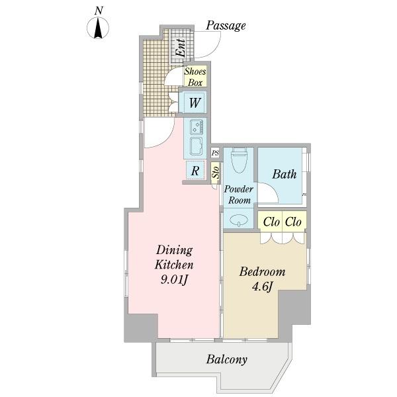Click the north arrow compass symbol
(x=98, y=28)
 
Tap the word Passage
(x=226, y=26)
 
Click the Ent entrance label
(x=181, y=48)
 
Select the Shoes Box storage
(x=195, y=77)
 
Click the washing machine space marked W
(x=195, y=103)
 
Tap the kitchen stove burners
(x=197, y=127)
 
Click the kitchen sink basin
(x=197, y=147)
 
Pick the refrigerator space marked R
(x=195, y=171)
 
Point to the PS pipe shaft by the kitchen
(x=215, y=153)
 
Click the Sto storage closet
(x=216, y=173)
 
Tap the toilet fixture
(x=239, y=159)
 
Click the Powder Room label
(x=239, y=195)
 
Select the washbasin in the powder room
(x=239, y=220)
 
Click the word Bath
(x=284, y=174)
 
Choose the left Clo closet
(x=271, y=222)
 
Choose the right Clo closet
(x=293, y=222)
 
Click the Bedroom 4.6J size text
(x=262, y=287)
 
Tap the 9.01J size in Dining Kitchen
(x=174, y=280)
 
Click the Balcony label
(x=226, y=359)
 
